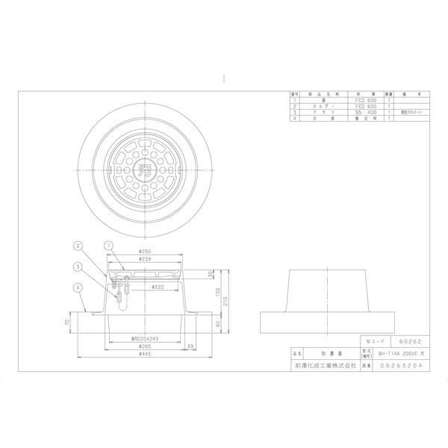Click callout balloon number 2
[78, 245]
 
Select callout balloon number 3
[78, 265]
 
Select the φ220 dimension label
[158, 286]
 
